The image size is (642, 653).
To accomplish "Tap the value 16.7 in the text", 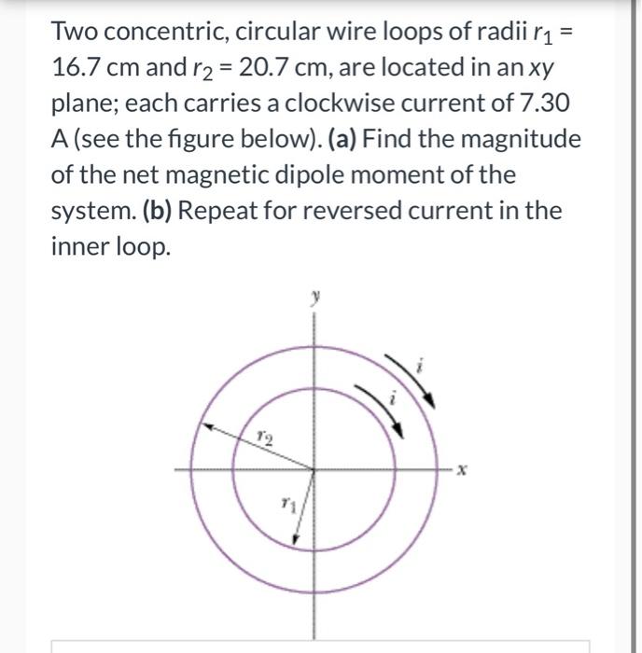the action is [x=82, y=69].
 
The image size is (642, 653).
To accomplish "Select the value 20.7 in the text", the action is [x=267, y=69].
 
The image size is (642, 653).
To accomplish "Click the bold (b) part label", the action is [x=158, y=210].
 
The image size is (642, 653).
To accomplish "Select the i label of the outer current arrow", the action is [x=421, y=370].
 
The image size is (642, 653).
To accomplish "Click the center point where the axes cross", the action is [x=314, y=470].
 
